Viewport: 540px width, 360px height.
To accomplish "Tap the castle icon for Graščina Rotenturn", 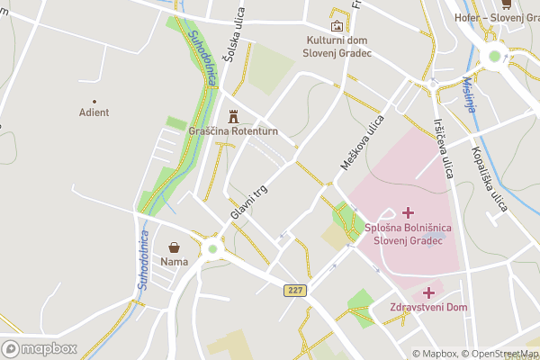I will pyautogui.click(x=234, y=115).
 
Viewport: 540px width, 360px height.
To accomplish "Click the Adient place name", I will pyautogui.click(x=94, y=112).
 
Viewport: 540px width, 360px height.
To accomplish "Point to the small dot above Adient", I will pyautogui.click(x=94, y=101).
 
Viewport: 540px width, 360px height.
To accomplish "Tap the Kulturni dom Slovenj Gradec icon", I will pyautogui.click(x=337, y=26).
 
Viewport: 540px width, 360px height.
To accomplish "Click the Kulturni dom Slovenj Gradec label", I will pyautogui.click(x=337, y=47).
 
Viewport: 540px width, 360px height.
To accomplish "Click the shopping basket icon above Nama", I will pyautogui.click(x=173, y=247).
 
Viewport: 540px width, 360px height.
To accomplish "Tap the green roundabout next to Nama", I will pyautogui.click(x=212, y=249).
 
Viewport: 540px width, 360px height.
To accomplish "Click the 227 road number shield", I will pyautogui.click(x=294, y=290).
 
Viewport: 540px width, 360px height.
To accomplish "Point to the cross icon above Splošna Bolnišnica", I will pyautogui.click(x=409, y=212).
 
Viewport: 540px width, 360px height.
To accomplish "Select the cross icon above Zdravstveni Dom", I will pyautogui.click(x=428, y=292).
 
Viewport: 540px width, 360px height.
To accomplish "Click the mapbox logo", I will pyautogui.click(x=40, y=348).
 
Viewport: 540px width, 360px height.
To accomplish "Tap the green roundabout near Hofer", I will pyautogui.click(x=493, y=58).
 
